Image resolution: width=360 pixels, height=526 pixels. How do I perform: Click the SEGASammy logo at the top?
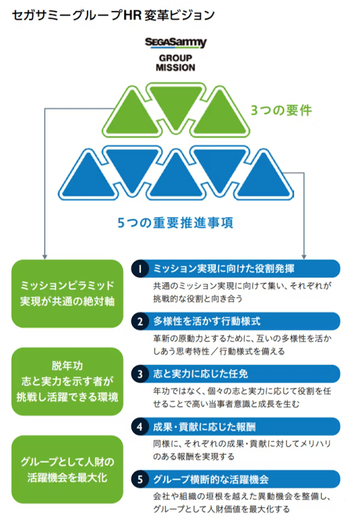[x=175, y=43]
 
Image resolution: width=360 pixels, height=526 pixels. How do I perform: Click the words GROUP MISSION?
[x=175, y=62]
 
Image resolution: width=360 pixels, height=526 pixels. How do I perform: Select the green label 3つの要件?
[x=281, y=110]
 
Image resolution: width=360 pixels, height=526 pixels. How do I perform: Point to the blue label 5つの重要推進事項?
[x=175, y=222]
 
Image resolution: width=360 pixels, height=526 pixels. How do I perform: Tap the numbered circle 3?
[x=139, y=373]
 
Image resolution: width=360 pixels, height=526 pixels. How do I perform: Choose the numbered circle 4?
[x=139, y=427]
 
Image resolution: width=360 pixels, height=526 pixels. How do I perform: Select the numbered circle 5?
[x=139, y=479]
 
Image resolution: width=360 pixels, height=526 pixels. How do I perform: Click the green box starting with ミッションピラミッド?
[x=67, y=292]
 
